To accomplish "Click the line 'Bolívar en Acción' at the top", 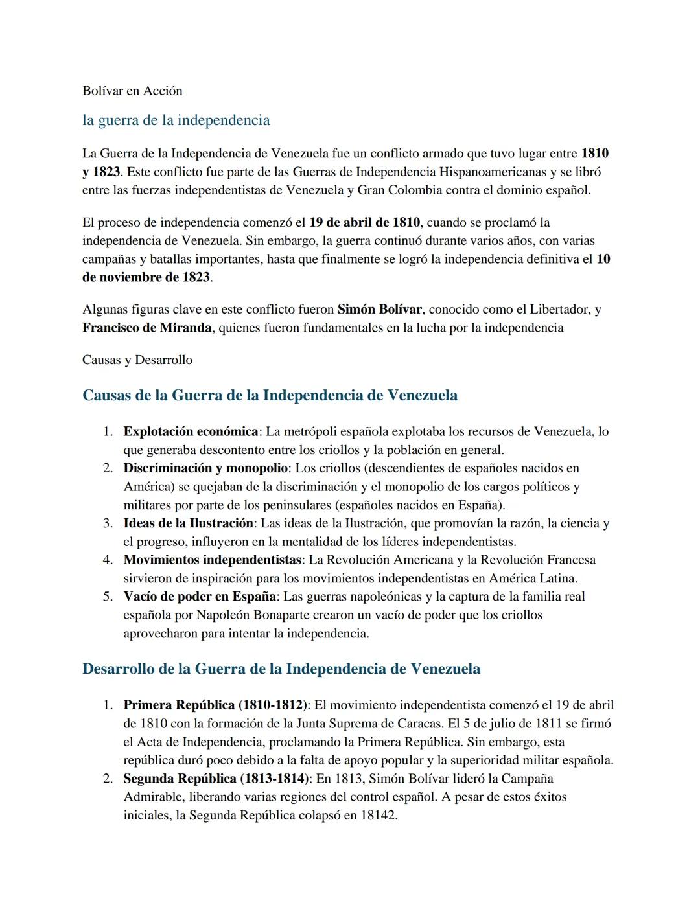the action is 132,91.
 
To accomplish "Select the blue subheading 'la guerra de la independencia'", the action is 176,120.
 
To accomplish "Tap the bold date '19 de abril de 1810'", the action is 364,222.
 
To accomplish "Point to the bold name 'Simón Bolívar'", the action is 380,309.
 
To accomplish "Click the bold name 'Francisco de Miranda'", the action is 146,327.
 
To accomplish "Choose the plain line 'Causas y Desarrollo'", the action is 137,360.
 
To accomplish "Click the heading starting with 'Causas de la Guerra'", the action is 270,395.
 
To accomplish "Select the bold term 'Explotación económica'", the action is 191,431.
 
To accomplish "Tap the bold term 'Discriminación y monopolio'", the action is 205,468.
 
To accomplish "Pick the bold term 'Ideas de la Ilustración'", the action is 188,523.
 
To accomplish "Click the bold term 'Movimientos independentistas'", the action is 213,559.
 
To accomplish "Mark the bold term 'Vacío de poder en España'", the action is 200,596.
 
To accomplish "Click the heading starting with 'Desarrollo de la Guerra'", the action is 281,669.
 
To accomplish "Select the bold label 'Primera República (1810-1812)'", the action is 215,705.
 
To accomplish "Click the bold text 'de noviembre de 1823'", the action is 146,277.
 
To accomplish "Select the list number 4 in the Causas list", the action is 108,559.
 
